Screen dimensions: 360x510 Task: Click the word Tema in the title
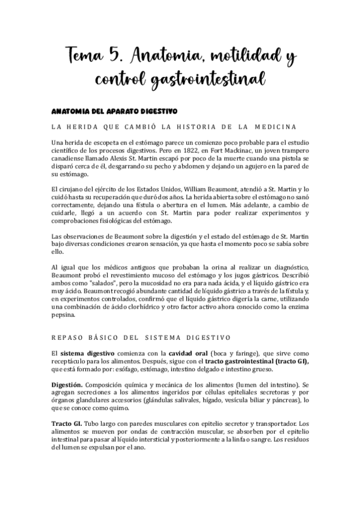[x=87, y=58]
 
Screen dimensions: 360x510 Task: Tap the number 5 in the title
[x=128, y=58]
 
